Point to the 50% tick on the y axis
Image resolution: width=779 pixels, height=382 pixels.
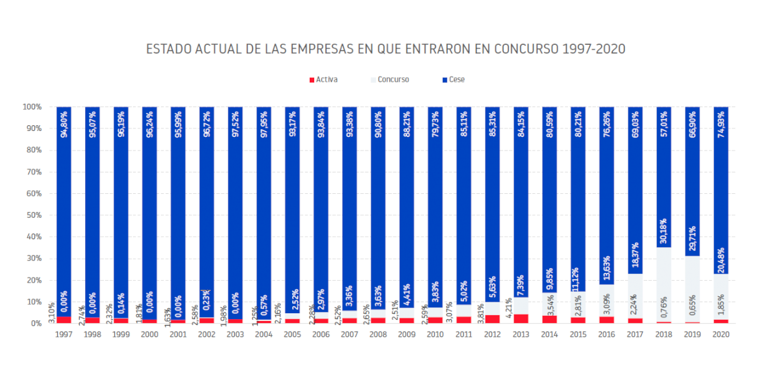32,215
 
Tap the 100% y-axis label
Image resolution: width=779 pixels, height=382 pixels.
31,107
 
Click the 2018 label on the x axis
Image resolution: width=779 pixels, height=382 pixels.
663,334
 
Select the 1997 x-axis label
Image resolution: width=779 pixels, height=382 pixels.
64,334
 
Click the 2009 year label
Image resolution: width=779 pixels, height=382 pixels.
406,334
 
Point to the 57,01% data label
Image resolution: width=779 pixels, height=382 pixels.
663,123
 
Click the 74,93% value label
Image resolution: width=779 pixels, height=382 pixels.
721,123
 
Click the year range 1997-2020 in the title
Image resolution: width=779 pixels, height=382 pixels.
594,49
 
